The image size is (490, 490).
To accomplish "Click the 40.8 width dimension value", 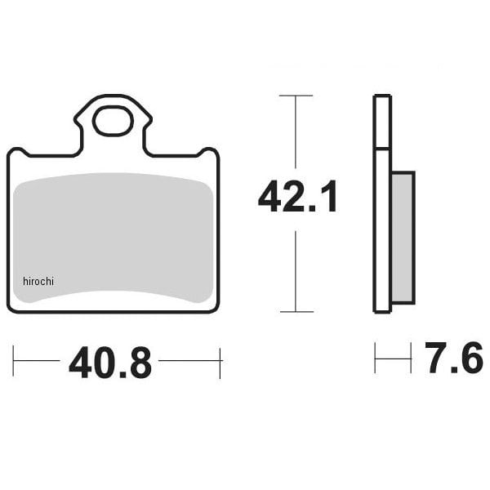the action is [110, 363].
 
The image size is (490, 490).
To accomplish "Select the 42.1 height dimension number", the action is [297, 196].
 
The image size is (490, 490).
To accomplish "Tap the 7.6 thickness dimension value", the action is [453, 358].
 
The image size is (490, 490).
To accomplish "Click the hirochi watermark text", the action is [38, 281].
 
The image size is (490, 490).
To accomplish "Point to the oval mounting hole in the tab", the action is [114, 121].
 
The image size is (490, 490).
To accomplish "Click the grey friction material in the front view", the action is [114, 238].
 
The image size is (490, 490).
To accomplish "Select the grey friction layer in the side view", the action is [403, 238].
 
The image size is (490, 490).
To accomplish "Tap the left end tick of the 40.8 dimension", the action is [13, 361].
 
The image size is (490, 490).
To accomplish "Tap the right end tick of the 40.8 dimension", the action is [220, 363].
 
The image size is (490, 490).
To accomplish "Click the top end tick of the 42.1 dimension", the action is [296, 96].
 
